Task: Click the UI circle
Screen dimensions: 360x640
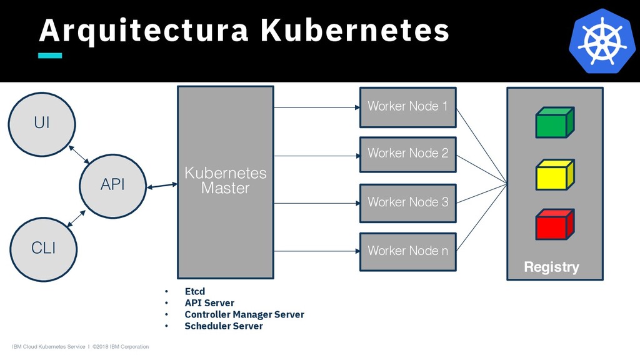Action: point(42,123)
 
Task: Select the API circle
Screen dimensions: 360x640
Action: point(113,185)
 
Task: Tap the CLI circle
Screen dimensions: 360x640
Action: point(43,248)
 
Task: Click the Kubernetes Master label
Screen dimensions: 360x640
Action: point(225,181)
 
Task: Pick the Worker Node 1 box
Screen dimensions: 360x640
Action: point(407,106)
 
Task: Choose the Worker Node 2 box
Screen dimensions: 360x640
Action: point(407,154)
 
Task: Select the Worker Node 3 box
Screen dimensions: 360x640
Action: point(407,202)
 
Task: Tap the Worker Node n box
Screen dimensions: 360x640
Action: point(407,251)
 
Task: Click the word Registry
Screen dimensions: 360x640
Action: point(551,267)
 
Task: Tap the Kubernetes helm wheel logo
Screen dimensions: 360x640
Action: point(602,41)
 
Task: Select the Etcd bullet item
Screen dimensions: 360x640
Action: point(195,291)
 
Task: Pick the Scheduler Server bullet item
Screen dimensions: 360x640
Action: point(224,326)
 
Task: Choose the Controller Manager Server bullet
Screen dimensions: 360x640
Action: point(244,314)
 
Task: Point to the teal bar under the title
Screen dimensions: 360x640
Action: point(50,56)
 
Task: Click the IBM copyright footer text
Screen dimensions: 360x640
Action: point(81,347)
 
